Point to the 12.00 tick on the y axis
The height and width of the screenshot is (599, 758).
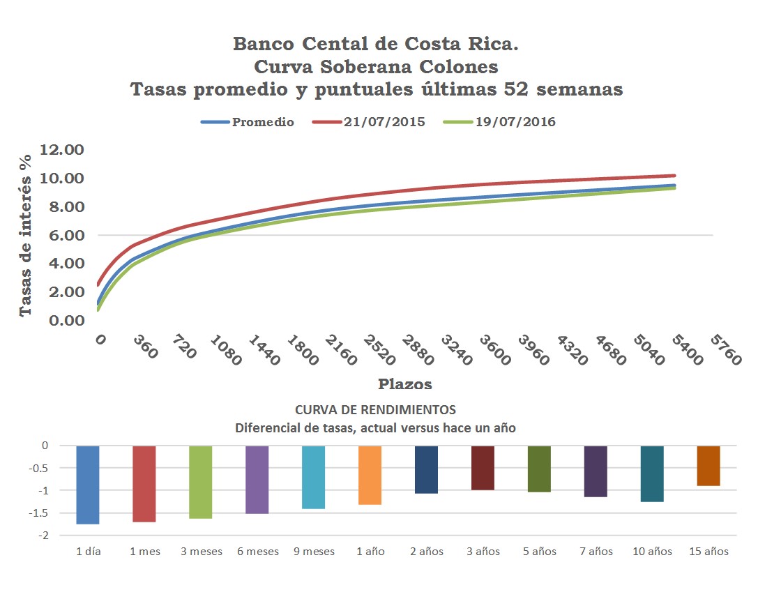click(62, 150)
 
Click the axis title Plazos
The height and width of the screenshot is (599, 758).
click(404, 384)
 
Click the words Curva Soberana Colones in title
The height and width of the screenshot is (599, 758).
click(376, 67)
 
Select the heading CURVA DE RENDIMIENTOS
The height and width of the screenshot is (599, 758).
click(375, 409)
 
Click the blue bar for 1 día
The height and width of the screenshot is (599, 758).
click(88, 485)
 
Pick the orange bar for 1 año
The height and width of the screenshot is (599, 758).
click(370, 475)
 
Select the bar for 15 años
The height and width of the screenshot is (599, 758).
click(708, 466)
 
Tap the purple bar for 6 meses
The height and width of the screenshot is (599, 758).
click(257, 480)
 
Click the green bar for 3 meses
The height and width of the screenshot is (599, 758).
click(200, 482)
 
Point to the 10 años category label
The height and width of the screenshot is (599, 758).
click(651, 552)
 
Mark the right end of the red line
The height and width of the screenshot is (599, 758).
click(674, 176)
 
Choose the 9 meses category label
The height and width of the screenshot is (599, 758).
click(313, 552)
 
